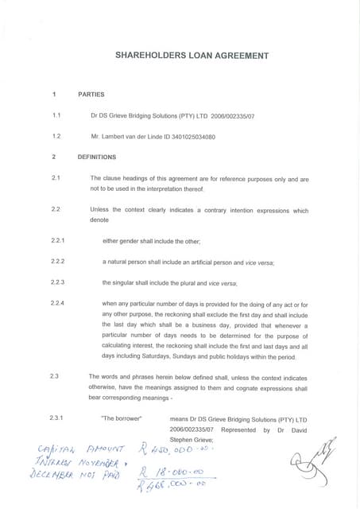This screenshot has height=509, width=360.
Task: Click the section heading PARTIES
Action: [91, 95]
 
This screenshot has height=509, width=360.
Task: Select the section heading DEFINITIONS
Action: [97, 157]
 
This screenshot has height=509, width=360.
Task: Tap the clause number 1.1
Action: [56, 115]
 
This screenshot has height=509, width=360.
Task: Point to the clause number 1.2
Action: [56, 136]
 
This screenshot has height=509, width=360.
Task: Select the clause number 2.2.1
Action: [58, 240]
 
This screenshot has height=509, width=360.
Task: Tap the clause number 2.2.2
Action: [58, 261]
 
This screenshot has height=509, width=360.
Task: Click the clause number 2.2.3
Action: [58, 282]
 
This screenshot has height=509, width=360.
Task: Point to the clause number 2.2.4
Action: [58, 304]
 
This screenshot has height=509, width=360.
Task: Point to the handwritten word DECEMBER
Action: [53, 475]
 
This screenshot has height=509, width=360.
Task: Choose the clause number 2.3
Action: [54, 375]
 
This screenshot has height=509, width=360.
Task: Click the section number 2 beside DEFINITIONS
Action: [53, 157]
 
